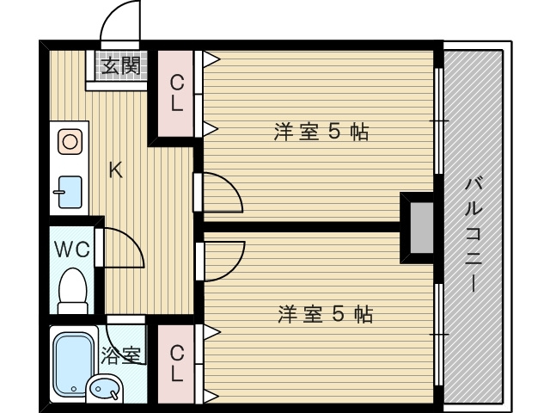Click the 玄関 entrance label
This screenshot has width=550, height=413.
119,66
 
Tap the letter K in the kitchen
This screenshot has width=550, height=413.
115,170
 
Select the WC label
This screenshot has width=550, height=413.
72,250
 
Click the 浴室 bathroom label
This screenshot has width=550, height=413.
121,354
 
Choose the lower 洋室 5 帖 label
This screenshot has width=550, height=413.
324,314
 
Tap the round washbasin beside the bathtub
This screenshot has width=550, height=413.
105,390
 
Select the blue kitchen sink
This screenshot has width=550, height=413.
70,192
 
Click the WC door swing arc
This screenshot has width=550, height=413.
123,249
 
